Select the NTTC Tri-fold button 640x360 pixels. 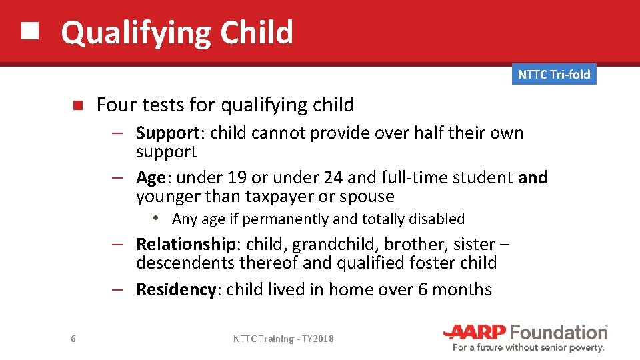[x=554, y=75]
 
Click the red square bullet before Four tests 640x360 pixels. [x=77, y=105]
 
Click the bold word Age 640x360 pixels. [x=151, y=178]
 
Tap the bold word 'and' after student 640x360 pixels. [x=533, y=178]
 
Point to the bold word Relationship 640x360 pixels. [x=185, y=245]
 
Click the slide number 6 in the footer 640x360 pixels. [x=73, y=339]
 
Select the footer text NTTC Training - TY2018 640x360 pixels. [x=283, y=339]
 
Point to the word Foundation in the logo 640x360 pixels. [x=559, y=332]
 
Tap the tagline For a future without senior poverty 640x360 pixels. [x=528, y=347]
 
